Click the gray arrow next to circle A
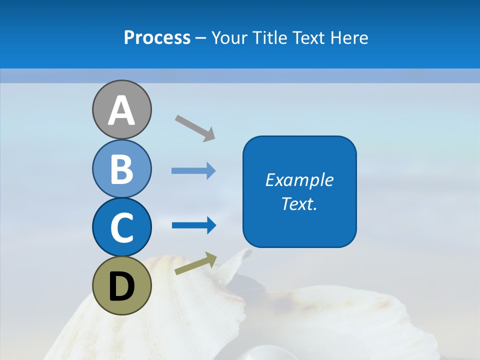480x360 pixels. (x=195, y=128)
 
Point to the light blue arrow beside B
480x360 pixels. (x=193, y=171)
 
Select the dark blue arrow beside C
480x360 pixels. (x=193, y=225)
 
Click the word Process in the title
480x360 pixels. (x=157, y=38)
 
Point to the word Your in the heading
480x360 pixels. (x=229, y=38)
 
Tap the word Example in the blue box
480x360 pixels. (x=299, y=180)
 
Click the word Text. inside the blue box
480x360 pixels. (x=299, y=204)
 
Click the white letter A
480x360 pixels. (x=121, y=110)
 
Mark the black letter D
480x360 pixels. (x=121, y=286)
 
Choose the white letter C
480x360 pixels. (x=121, y=227)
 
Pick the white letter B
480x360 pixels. (x=121, y=169)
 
